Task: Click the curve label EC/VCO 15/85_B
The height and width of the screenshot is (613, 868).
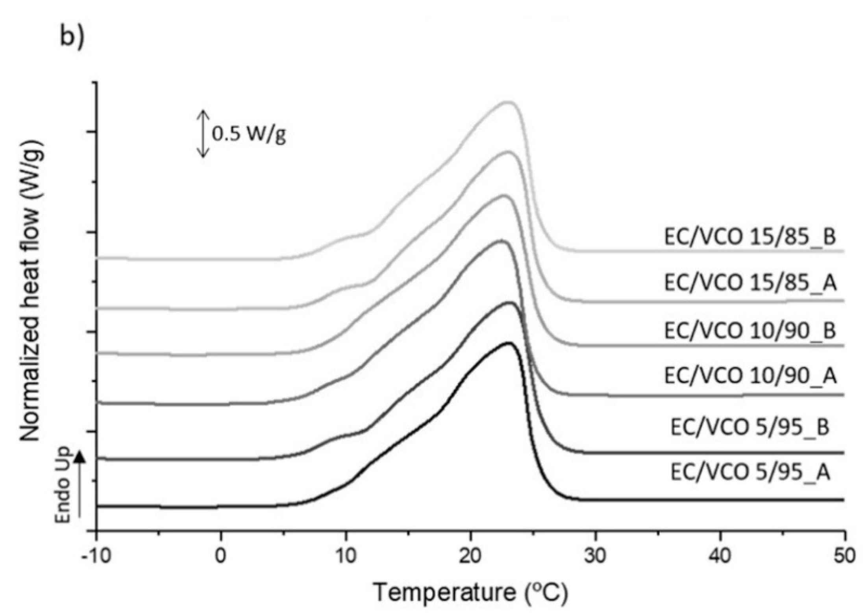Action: coord(750,237)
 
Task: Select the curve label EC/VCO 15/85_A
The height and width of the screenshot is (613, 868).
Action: coord(750,283)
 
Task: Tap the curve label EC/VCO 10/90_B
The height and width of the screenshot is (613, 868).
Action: coord(750,331)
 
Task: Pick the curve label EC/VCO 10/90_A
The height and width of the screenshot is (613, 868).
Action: coord(750,376)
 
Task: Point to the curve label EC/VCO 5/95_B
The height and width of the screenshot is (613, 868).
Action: coord(750,427)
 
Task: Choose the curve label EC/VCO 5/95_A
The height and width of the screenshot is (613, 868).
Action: coord(750,472)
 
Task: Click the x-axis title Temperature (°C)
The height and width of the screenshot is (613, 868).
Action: coord(470,592)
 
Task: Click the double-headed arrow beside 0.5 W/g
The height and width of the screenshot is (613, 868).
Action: coord(203,133)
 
